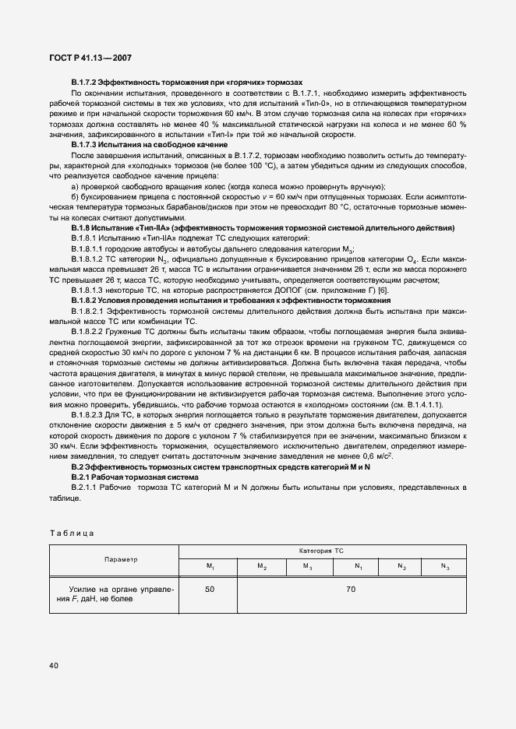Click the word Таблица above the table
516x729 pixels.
(x=72, y=533)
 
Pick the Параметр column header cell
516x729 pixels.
(x=115, y=559)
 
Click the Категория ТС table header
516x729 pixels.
(x=320, y=551)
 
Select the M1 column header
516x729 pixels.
(x=210, y=566)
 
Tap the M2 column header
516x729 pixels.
(x=263, y=566)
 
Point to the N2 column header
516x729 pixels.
(x=402, y=566)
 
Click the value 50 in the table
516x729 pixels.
(x=210, y=590)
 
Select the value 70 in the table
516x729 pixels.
(x=351, y=590)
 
